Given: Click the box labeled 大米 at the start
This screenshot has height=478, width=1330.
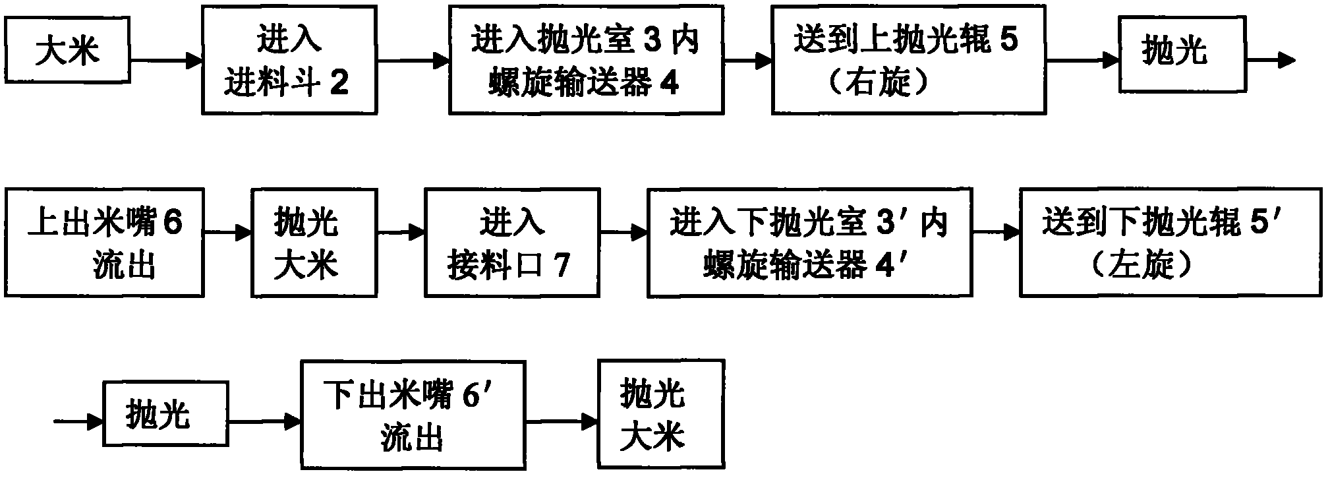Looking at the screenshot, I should point(67,50).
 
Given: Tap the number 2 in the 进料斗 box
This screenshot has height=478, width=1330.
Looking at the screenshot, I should point(338,84).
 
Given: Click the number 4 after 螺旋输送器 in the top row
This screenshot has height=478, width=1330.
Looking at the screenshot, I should point(669,84).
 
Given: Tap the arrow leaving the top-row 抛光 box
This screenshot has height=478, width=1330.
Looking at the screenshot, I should point(1271,61).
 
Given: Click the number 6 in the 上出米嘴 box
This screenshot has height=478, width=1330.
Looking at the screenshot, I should point(172,224).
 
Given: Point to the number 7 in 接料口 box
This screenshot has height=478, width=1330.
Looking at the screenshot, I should point(561,265).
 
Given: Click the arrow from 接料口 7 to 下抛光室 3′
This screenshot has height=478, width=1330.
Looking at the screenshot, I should point(623,232).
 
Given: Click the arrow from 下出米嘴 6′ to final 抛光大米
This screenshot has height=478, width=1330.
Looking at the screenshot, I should point(562,421).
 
